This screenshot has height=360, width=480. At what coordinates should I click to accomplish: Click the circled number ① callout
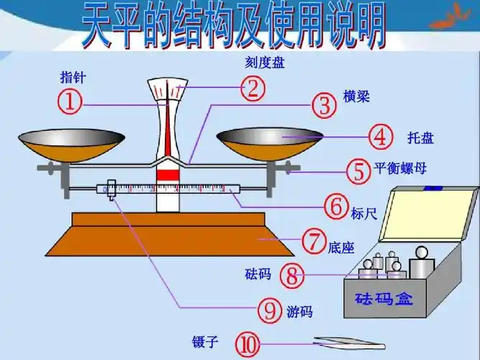[70, 103]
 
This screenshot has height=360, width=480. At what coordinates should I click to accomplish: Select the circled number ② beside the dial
[253, 89]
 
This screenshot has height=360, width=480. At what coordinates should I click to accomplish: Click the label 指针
[72, 78]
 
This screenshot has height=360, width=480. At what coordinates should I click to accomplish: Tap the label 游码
[299, 312]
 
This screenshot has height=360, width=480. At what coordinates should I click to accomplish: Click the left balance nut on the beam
[48, 168]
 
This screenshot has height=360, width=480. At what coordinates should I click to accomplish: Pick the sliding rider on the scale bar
[111, 190]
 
